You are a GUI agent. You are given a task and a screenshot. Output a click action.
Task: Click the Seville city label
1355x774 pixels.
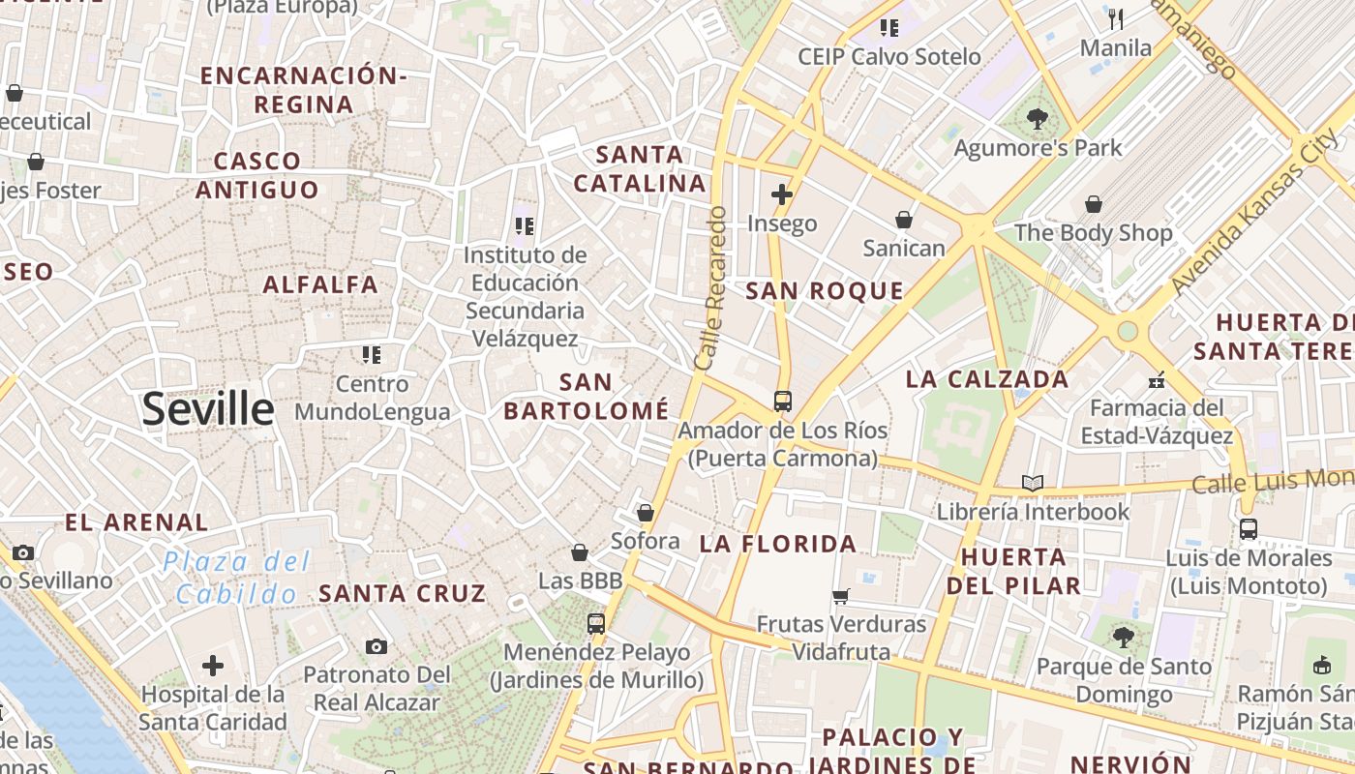208,409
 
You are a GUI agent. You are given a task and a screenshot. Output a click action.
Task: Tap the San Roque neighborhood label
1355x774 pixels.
825,290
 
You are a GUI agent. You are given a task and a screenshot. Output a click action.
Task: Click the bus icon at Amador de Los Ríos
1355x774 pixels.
782,401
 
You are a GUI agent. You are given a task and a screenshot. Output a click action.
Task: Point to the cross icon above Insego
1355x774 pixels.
782,194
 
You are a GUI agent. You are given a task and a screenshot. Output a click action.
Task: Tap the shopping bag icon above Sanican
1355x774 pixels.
903,220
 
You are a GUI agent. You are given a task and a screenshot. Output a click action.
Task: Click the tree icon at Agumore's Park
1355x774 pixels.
1038,119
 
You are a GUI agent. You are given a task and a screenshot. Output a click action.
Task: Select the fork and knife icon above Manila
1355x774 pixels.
1116,18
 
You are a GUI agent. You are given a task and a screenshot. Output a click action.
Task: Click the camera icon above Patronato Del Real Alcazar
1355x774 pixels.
376,646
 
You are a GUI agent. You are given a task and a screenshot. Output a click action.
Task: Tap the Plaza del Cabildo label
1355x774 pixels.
236,577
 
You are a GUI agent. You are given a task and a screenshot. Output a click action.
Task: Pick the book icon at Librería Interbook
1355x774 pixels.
1033,482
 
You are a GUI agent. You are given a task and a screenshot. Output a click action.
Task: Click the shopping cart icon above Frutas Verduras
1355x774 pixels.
841,596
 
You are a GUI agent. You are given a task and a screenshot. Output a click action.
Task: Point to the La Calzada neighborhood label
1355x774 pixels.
987,379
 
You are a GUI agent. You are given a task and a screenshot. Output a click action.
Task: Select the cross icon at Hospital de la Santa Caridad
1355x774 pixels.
213,666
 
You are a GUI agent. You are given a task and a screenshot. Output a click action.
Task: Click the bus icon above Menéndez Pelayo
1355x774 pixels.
596,624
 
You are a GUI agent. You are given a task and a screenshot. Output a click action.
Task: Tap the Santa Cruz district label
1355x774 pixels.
402,593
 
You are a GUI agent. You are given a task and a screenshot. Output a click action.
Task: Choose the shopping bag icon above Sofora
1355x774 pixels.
646,513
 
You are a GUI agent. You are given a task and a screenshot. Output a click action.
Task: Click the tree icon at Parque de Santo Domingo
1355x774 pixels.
1123,637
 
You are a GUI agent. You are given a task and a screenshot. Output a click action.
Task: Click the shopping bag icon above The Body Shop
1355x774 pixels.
1093,204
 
